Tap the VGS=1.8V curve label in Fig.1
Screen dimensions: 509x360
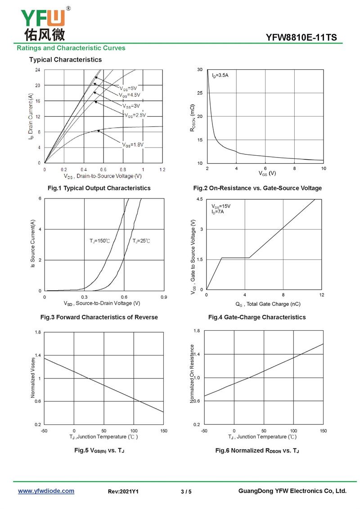(x=132, y=144)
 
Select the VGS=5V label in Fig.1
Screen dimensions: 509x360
(x=128, y=88)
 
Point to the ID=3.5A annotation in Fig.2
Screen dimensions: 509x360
(x=220, y=76)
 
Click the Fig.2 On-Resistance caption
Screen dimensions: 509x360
(x=257, y=188)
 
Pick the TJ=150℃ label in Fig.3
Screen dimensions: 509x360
(x=99, y=241)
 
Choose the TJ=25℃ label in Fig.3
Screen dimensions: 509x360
(x=141, y=241)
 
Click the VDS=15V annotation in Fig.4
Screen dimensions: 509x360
(x=221, y=206)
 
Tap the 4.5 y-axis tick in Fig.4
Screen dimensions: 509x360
(x=200, y=199)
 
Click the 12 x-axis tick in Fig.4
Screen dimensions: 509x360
(x=322, y=295)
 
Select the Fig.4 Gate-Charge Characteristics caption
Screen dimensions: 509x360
(x=256, y=317)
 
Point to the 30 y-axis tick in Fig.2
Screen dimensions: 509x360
(x=199, y=70)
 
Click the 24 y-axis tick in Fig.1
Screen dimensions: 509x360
(x=38, y=70)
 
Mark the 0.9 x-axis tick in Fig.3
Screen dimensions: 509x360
(x=164, y=297)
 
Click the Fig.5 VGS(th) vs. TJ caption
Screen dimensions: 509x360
(x=99, y=450)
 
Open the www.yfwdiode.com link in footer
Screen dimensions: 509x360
(x=46, y=491)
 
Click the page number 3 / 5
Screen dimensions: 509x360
(x=186, y=492)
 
